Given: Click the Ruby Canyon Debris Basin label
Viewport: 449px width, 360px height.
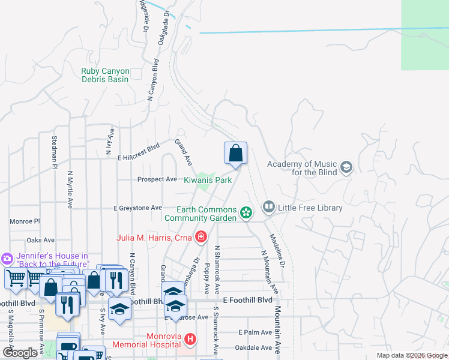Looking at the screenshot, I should (105, 75).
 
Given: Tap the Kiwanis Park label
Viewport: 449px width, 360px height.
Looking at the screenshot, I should (208, 180).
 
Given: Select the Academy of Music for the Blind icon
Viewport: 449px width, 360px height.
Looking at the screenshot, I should (346, 167).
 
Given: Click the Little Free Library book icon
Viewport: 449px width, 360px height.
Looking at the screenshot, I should (268, 208).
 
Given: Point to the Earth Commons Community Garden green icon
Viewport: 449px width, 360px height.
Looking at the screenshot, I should (246, 212).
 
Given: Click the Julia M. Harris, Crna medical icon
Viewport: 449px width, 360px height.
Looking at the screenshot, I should (200, 238).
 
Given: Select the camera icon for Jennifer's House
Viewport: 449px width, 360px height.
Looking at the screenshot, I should (7, 259).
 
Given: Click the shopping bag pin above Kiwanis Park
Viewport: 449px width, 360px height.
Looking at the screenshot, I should (236, 153).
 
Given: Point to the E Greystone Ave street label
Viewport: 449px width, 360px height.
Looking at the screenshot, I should (138, 208).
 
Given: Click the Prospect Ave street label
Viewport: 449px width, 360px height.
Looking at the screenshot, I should (157, 179).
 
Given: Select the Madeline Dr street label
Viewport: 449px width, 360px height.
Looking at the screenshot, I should (279, 250).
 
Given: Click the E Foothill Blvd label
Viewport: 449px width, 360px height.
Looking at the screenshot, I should (247, 299).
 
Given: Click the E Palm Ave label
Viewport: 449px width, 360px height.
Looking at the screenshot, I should (255, 332).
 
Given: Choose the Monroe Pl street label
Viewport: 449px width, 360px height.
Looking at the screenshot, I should (24, 221).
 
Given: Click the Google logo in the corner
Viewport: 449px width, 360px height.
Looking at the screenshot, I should (20, 353).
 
